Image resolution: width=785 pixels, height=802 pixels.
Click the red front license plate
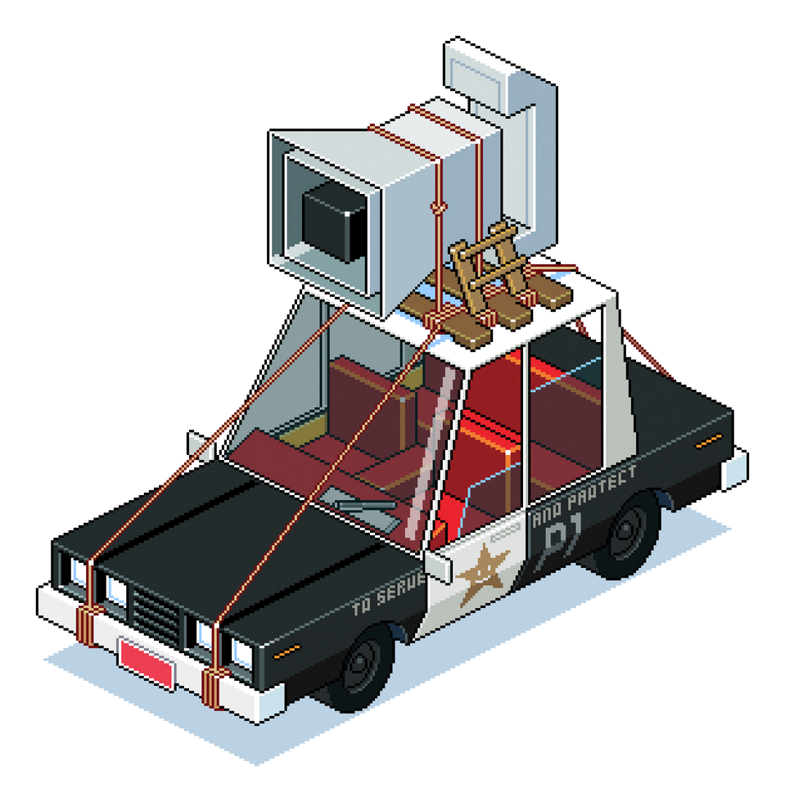pyautogui.click(x=146, y=664)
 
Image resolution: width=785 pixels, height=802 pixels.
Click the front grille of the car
pyautogui.click(x=156, y=615)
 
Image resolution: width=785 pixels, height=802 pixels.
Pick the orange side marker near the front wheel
pyautogui.click(x=286, y=651)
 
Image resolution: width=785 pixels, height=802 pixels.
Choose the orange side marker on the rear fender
pyautogui.click(x=708, y=441)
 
